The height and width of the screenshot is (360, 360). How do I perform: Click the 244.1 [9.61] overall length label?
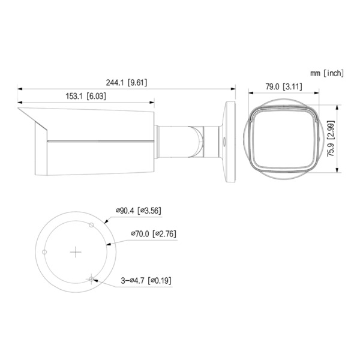[125, 83]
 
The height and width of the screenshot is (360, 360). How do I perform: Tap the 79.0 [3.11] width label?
[283, 86]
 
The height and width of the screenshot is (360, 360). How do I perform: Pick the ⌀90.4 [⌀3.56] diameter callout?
[138, 211]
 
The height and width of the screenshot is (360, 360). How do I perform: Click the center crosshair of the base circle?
[76, 253]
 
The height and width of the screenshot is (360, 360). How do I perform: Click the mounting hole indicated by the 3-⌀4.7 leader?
[91, 278]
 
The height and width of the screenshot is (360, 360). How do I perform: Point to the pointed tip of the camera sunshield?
[19, 110]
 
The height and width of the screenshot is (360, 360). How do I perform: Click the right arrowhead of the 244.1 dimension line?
[233, 89]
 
